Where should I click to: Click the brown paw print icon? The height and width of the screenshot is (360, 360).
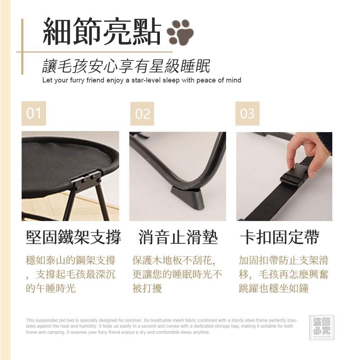pyautogui.click(x=180, y=32)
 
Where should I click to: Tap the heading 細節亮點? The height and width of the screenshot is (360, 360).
pyautogui.click(x=102, y=31)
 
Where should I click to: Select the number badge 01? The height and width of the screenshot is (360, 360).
pyautogui.click(x=34, y=113)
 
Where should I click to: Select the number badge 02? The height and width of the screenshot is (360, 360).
pyautogui.click(x=142, y=114)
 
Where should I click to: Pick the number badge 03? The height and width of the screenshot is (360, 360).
pyautogui.click(x=247, y=114)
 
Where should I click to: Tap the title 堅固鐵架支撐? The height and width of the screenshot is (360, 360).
pyautogui.click(x=73, y=237)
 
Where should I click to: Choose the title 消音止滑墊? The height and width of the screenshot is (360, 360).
pyautogui.click(x=178, y=237)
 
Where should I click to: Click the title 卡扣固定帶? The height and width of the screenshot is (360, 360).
pyautogui.click(x=280, y=237)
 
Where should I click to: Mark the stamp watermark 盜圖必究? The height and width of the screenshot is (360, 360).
pyautogui.click(x=321, y=328)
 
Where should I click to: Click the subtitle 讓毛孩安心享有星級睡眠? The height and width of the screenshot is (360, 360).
pyautogui.click(x=126, y=66)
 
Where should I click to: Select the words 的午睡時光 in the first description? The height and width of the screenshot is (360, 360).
pyautogui.click(x=50, y=288)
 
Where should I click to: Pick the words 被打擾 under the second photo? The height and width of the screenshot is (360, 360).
pyautogui.click(x=147, y=288)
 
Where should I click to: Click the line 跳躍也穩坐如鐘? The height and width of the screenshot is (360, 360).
pyautogui.click(x=274, y=288)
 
